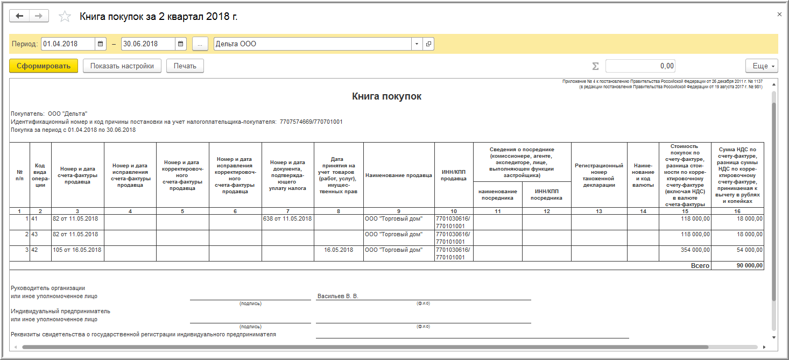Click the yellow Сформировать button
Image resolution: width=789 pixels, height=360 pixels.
click(x=44, y=66)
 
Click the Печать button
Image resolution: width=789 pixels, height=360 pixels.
click(x=185, y=66)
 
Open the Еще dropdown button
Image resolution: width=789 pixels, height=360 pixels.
click(x=761, y=66)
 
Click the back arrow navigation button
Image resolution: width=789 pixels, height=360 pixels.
click(x=20, y=16)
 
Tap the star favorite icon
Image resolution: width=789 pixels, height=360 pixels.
click(x=65, y=17)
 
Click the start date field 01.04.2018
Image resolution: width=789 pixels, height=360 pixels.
click(x=68, y=44)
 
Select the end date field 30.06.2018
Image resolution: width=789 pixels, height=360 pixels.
click(x=148, y=44)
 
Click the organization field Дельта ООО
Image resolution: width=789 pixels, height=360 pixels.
click(x=312, y=44)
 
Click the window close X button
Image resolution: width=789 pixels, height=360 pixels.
click(x=779, y=15)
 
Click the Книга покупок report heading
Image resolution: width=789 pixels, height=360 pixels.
click(x=386, y=96)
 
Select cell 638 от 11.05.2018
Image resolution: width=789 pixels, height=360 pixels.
click(x=287, y=218)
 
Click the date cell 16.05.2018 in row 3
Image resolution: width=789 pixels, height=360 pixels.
click(x=339, y=250)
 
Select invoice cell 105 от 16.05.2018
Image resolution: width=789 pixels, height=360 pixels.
click(x=77, y=250)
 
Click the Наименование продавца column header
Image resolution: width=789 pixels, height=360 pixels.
click(x=399, y=175)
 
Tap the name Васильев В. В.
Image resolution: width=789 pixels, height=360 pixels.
click(x=337, y=296)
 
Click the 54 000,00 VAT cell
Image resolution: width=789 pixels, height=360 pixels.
click(x=745, y=250)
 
